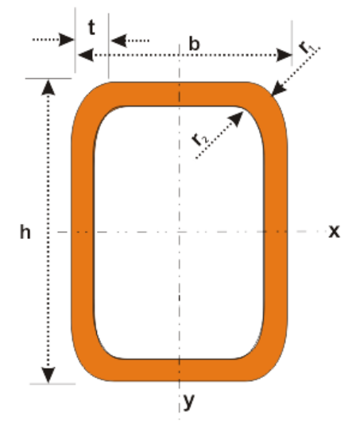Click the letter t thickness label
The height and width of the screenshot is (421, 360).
coord(91,28)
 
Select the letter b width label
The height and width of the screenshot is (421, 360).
coord(194,44)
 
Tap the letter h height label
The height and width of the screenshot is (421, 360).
coord(25,232)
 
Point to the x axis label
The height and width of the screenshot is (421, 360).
coord(335,231)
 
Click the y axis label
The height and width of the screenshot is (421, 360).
coord(189,401)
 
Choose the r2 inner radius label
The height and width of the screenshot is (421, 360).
coord(200,139)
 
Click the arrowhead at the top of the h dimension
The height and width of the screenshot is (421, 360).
coord(48,87)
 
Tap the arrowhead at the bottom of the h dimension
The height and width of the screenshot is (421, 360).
coord(48,375)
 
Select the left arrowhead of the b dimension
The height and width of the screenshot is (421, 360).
coord(86,55)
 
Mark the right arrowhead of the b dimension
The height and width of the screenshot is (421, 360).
coord(285,55)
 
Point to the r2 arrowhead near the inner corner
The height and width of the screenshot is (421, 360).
coord(235,118)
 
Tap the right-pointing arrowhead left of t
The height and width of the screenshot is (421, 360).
coord(67,40)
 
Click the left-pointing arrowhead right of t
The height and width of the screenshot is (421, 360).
coord(118,41)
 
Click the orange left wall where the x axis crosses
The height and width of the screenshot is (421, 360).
coord(83,231)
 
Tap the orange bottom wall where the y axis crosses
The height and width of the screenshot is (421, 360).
coord(179,370)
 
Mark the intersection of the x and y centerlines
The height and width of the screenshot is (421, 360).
coord(179,231)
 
